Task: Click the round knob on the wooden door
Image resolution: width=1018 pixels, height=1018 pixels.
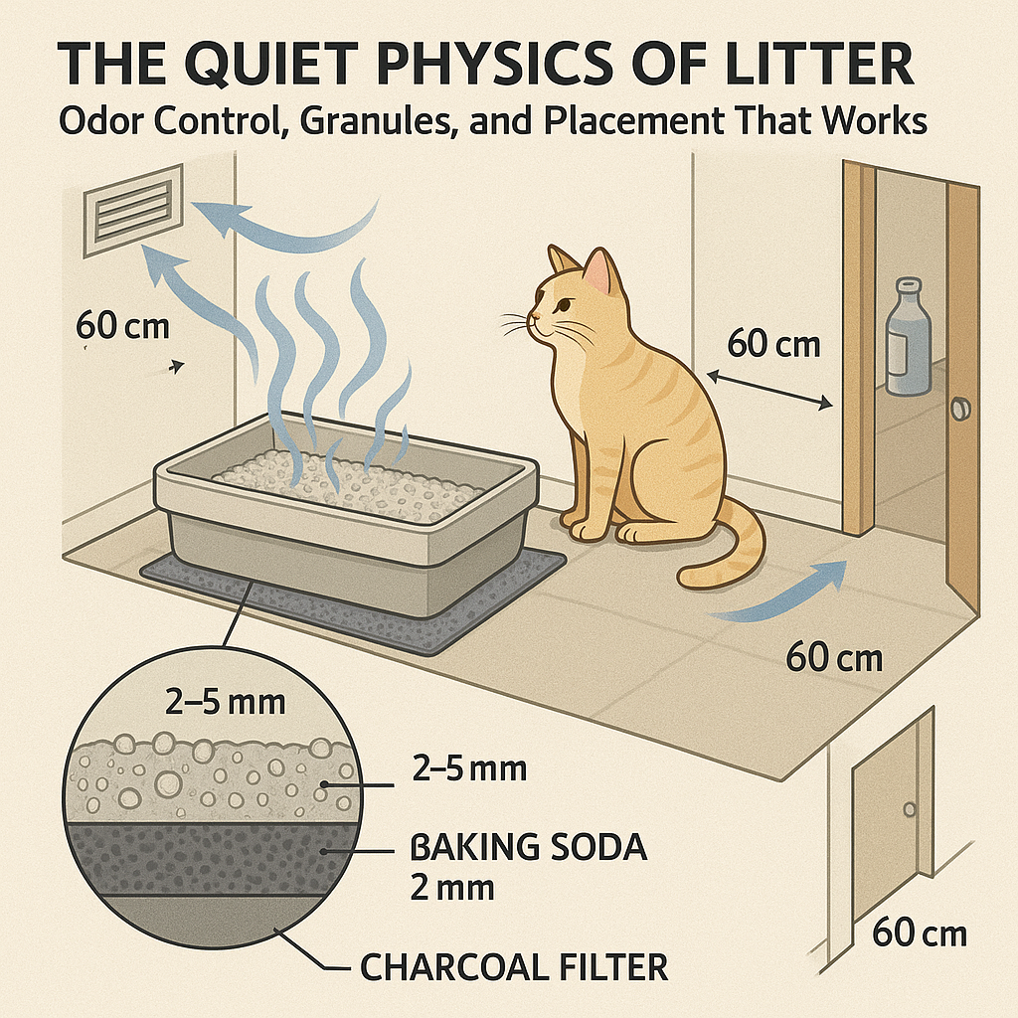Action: pyautogui.click(x=960, y=409)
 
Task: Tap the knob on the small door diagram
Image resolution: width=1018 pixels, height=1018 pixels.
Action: pyautogui.click(x=908, y=809)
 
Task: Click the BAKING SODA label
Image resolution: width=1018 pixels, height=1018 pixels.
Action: pyautogui.click(x=528, y=849)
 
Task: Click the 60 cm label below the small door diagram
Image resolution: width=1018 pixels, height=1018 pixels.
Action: pyautogui.click(x=919, y=933)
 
